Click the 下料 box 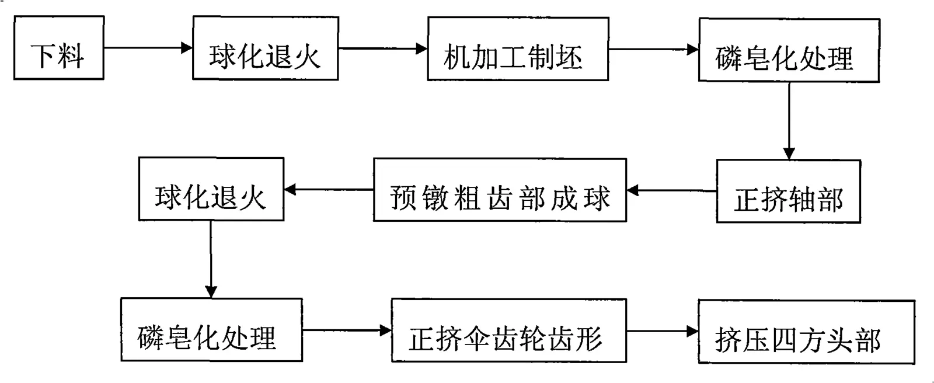[59, 47]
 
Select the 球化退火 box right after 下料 [265, 48]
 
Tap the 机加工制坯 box [518, 49]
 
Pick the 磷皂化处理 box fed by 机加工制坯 [789, 50]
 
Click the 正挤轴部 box [789, 191]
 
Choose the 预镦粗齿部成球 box [500, 190]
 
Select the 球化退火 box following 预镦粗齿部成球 [211, 189]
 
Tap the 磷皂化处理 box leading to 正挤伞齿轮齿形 [211, 330]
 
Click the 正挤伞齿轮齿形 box [508, 330]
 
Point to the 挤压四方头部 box [806, 332]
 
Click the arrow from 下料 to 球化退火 [148, 47]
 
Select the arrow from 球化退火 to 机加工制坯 [383, 48]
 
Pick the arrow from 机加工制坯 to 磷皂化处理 [654, 49]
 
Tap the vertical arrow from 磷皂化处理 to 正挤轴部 [789, 121]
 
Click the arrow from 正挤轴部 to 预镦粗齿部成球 [671, 191]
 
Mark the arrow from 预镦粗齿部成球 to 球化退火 [329, 189]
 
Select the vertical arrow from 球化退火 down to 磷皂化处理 [211, 259]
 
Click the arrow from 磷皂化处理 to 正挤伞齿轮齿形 [347, 330]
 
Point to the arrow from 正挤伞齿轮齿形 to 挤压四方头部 [663, 331]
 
